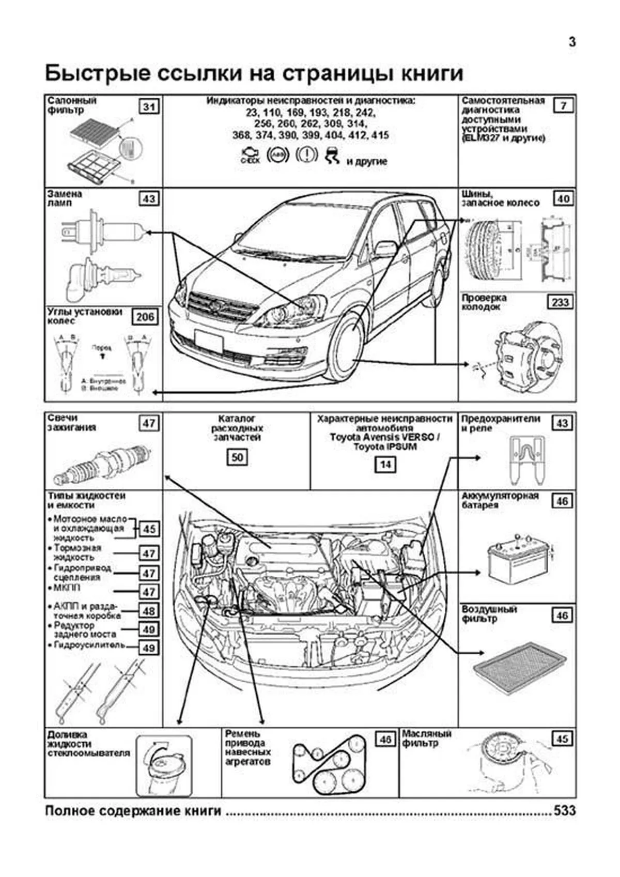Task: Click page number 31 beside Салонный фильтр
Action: [x=149, y=107]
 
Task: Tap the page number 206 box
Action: [x=145, y=317]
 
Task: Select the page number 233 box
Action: [x=560, y=302]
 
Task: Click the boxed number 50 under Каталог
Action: [x=237, y=457]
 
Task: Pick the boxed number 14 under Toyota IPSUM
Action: [x=385, y=464]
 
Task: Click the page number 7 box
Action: [x=563, y=106]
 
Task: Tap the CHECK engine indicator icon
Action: [x=251, y=155]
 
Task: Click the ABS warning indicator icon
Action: [x=278, y=155]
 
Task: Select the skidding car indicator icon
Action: [x=332, y=155]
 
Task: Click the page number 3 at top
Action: [x=572, y=42]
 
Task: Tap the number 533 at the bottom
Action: [x=564, y=810]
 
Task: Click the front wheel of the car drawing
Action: [x=345, y=346]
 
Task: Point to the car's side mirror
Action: [x=385, y=249]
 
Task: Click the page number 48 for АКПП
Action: [x=149, y=611]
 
